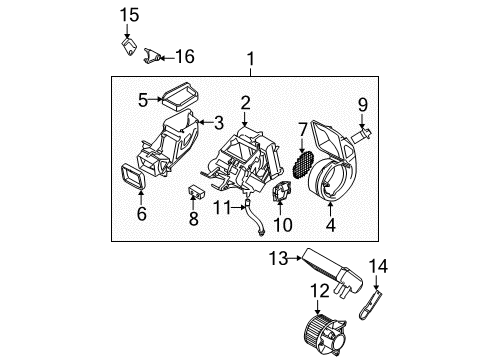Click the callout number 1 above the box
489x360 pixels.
pos(251,59)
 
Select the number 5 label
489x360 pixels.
pos(143,99)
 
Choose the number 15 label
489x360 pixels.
pos(127,14)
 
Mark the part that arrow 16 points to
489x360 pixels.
pos(154,56)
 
